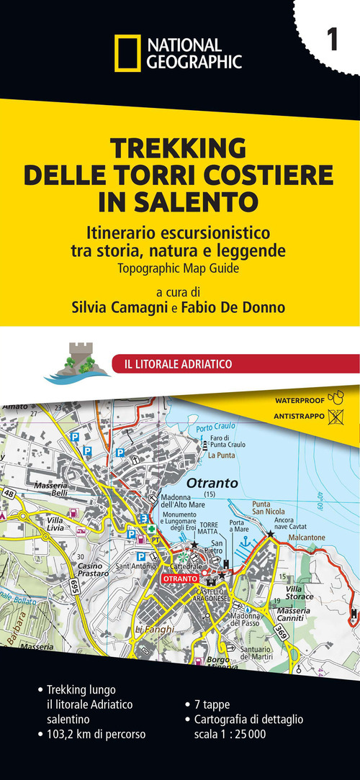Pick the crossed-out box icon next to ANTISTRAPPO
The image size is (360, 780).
335,415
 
